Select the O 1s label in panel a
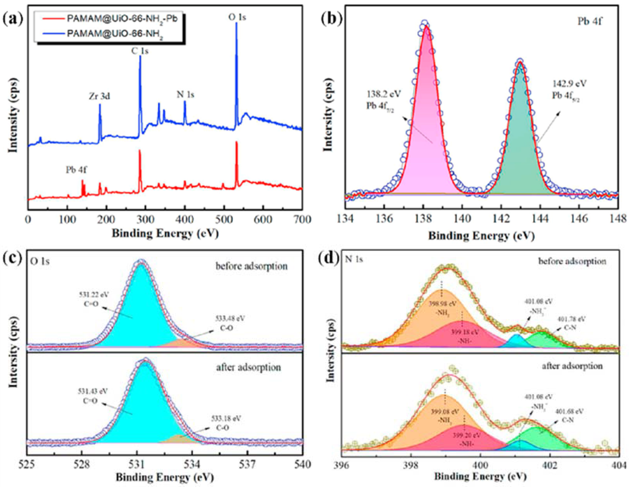click(x=237, y=17)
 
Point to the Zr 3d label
click(x=99, y=96)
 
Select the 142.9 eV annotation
click(x=569, y=84)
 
